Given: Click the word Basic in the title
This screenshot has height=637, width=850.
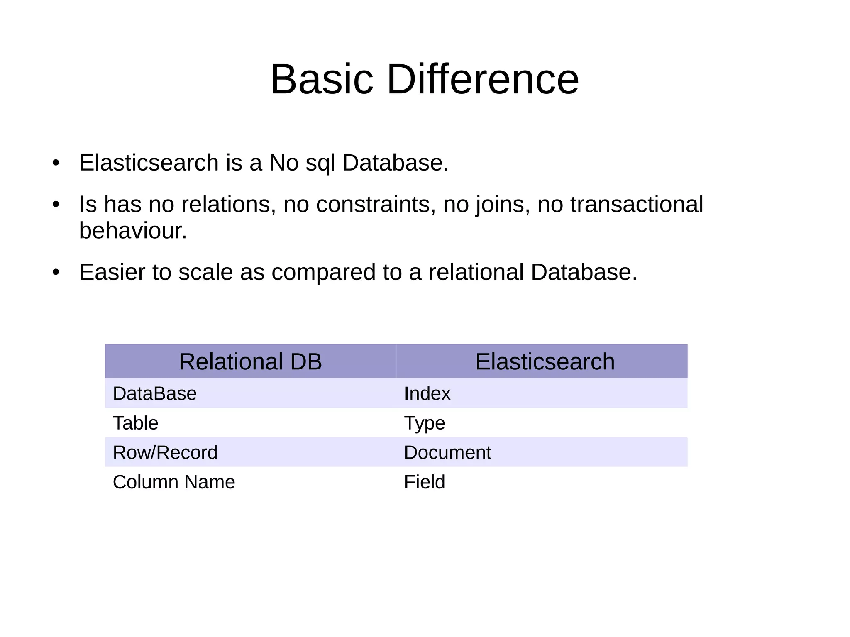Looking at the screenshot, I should (322, 79).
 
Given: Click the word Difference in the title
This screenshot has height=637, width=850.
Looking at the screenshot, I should (482, 79).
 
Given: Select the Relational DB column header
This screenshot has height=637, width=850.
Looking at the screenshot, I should (250, 361).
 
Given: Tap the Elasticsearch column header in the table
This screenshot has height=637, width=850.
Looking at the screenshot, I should (545, 361).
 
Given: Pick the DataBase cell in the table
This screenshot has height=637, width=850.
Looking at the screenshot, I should (155, 393).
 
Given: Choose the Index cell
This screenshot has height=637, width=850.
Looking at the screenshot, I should (427, 393).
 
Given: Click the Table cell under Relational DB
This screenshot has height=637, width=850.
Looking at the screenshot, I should (136, 423).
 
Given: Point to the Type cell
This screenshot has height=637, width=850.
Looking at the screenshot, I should (425, 423).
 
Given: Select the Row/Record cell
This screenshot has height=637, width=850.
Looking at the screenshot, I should (165, 452).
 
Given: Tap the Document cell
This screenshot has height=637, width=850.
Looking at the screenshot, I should (447, 452).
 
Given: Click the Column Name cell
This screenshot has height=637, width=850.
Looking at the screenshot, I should (174, 482).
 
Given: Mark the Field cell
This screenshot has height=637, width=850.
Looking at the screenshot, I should (425, 482).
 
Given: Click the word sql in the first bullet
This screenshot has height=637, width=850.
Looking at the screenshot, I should (320, 163).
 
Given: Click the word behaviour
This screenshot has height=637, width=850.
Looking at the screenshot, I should (133, 231).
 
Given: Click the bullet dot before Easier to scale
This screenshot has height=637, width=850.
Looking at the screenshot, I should (56, 273).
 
